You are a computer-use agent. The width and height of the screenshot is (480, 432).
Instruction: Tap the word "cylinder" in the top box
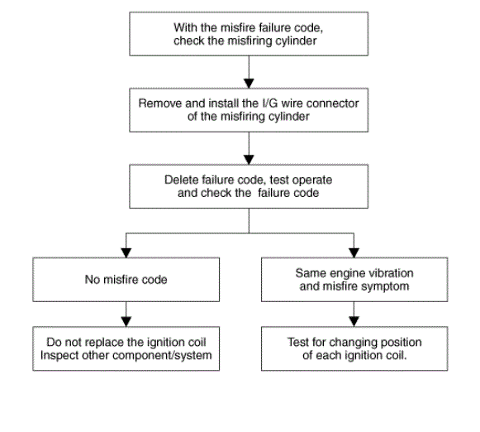(x=296, y=41)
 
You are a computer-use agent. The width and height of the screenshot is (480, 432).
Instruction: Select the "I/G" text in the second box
(x=270, y=103)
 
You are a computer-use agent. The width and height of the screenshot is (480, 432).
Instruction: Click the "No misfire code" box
(x=126, y=280)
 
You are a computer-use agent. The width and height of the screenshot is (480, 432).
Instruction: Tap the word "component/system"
(x=162, y=356)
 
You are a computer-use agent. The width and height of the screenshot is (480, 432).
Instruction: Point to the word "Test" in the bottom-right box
(x=297, y=342)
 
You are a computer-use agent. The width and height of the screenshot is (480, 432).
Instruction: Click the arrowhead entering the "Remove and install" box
(x=249, y=84)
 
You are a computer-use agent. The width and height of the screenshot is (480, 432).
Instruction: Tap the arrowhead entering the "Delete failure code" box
(x=249, y=160)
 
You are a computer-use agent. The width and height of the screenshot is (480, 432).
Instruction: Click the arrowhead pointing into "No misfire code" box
(x=126, y=252)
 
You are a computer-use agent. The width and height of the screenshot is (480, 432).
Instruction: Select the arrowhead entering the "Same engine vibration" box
(x=354, y=252)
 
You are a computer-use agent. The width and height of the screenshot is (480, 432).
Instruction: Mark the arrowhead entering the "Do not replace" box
(x=126, y=322)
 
